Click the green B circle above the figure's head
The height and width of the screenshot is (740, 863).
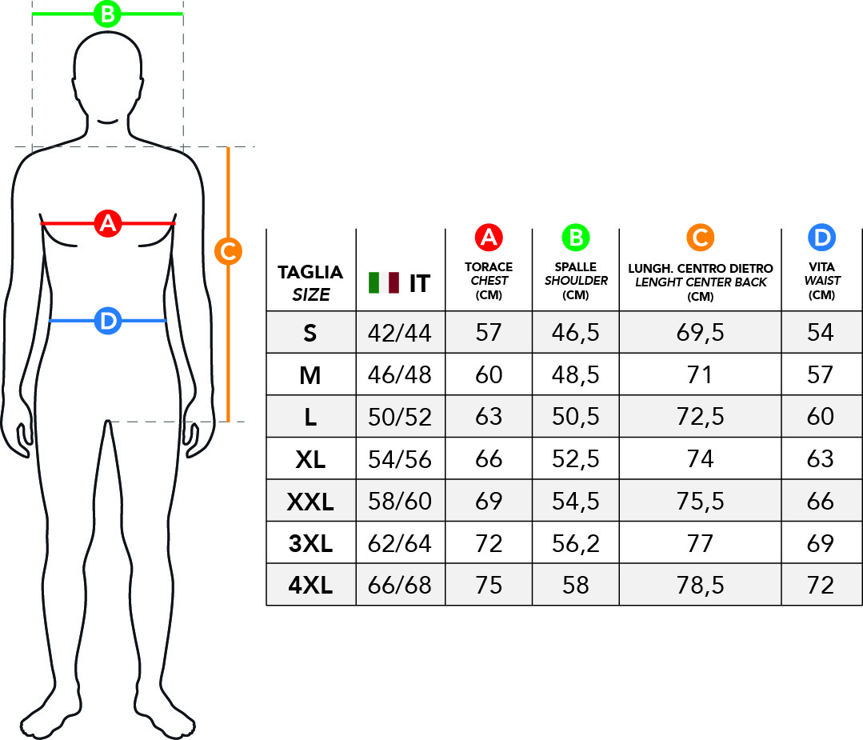pos(107,14)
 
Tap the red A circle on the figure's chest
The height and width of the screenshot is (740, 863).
pos(107,223)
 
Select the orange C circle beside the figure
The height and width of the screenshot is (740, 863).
pos(228,252)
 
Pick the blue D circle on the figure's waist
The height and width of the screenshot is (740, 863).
pos(107,322)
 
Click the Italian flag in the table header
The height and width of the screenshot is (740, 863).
pos(384,282)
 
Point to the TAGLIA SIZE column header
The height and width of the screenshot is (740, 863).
pos(310,283)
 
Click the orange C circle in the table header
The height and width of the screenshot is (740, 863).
pos(700,237)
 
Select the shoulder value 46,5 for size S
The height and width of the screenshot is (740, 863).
pos(575,333)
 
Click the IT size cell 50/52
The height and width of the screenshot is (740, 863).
pos(400,417)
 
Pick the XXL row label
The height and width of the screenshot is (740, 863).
pos(310,502)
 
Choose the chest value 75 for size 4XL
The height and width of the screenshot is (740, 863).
pos(488,586)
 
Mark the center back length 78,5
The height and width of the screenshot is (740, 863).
pos(700,586)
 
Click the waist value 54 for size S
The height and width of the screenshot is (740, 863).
pos(821,333)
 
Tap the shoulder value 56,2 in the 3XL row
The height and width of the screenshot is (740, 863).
pos(575,544)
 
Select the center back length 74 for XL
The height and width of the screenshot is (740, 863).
pos(700,459)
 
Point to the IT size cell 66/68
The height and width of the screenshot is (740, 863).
pos(400,586)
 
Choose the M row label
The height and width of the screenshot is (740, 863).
pos(310,375)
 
